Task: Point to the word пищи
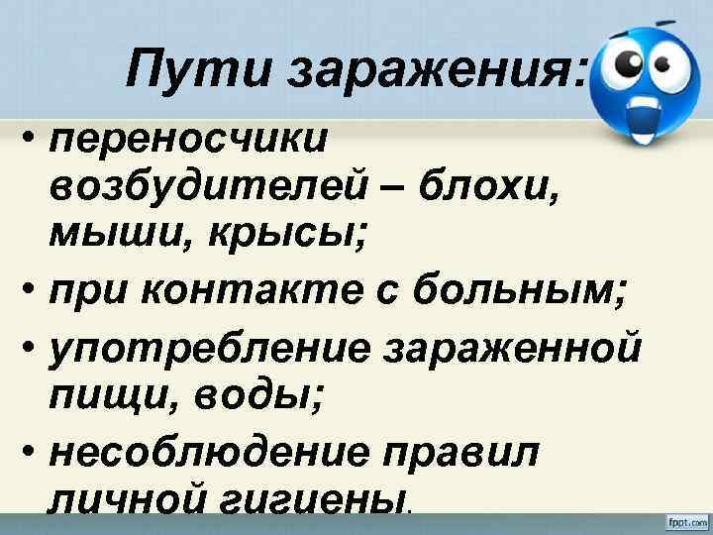99,400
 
